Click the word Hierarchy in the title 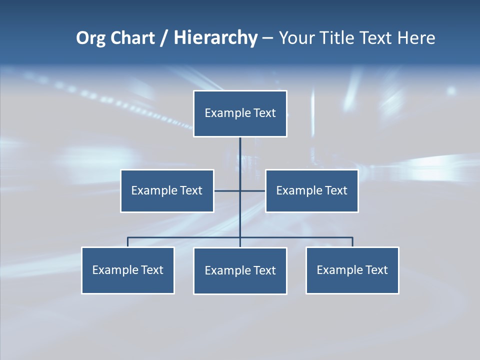click(215, 38)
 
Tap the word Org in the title click(91, 38)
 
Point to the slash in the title click(164, 38)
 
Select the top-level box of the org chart click(240, 113)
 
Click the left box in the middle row click(167, 191)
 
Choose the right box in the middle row click(312, 191)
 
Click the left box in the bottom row click(128, 270)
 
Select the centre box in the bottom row click(240, 271)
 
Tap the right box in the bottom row click(352, 270)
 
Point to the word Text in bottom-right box click(376, 270)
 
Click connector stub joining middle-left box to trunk click(226, 190)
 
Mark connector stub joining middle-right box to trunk click(253, 190)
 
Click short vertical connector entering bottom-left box click(127, 242)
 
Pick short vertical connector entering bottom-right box click(352, 242)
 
